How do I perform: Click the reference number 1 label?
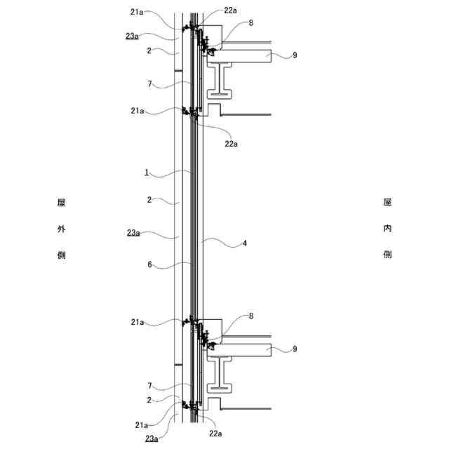(x=147, y=172)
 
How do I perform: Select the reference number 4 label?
(x=244, y=243)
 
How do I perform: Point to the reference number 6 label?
(x=149, y=265)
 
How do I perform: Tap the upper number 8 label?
(x=250, y=23)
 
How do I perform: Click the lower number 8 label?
(x=250, y=316)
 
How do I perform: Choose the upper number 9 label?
(x=295, y=55)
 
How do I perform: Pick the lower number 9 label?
(x=295, y=349)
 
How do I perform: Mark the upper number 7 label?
(x=149, y=84)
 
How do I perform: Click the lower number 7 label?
(x=149, y=385)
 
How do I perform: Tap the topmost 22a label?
(x=231, y=10)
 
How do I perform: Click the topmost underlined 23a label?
(x=133, y=36)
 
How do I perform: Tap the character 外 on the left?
(x=61, y=229)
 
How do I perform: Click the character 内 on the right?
(x=387, y=229)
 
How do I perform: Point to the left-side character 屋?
(x=61, y=203)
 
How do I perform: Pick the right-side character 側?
(x=387, y=255)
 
